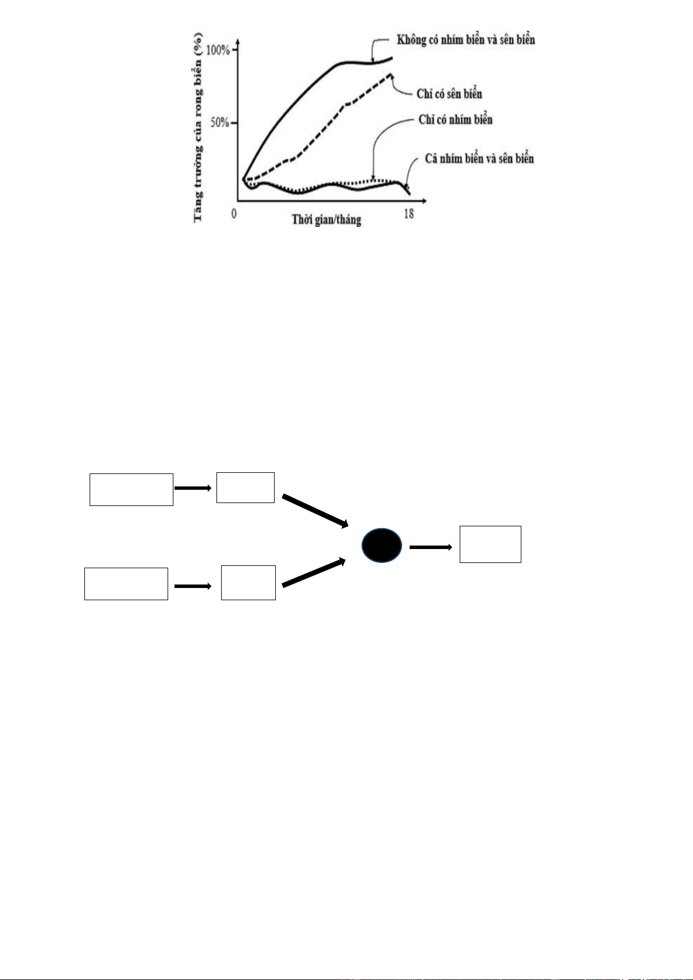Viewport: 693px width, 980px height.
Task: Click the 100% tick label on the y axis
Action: tap(218, 50)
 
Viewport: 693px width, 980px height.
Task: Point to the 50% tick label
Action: tap(220, 122)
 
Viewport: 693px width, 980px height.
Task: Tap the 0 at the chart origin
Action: tap(234, 213)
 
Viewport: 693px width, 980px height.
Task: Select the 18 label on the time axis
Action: tap(408, 213)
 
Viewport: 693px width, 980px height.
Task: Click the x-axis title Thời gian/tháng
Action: tap(326, 219)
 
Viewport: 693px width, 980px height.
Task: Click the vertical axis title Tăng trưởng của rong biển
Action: tap(198, 127)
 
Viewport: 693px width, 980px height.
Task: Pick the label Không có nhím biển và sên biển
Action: tap(466, 40)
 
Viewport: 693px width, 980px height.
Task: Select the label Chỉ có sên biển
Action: tap(449, 94)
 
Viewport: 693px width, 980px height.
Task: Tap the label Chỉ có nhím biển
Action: tap(455, 119)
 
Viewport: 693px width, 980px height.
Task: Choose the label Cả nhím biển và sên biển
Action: tap(479, 158)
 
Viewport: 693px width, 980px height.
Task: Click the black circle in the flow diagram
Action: tap(382, 545)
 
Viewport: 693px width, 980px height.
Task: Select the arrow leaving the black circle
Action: tap(431, 547)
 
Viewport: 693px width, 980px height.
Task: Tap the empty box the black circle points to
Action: tap(491, 544)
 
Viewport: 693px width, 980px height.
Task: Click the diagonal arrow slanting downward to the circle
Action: tap(315, 511)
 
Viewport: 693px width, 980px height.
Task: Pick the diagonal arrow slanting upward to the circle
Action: tap(314, 572)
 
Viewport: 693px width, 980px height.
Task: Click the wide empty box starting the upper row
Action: tap(132, 490)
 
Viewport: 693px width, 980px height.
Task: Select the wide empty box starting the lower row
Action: tap(126, 583)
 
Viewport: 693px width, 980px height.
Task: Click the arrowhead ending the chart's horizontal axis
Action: tap(424, 201)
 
